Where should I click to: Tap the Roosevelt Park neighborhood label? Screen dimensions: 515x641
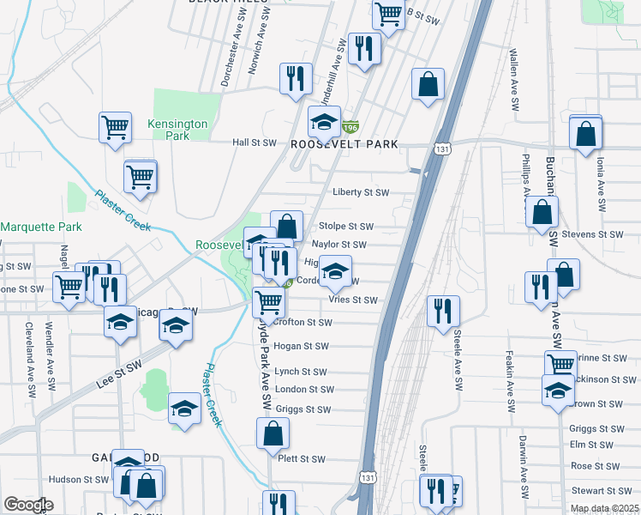pyautogui.click(x=344, y=144)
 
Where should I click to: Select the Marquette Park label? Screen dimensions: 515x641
pyautogui.click(x=40, y=227)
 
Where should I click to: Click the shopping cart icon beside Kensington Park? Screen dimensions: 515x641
pyautogui.click(x=115, y=128)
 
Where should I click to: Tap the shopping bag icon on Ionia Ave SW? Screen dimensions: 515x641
pyautogui.click(x=585, y=134)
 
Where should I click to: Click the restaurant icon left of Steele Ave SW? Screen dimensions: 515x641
pyautogui.click(x=443, y=311)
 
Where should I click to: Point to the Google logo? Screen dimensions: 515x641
pyautogui.click(x=28, y=505)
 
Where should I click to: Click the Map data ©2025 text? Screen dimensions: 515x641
pyautogui.click(x=605, y=508)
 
